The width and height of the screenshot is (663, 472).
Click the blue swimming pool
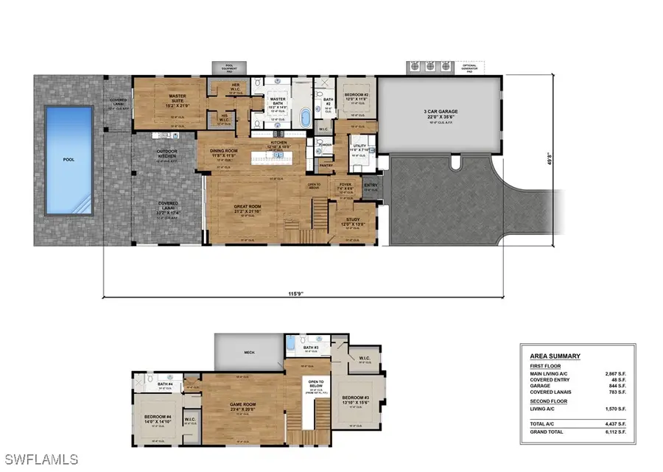[x=69, y=160]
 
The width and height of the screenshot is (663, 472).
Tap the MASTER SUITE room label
[x=176, y=97]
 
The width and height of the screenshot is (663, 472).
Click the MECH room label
[x=249, y=352]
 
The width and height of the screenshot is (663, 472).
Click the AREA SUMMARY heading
[x=555, y=356]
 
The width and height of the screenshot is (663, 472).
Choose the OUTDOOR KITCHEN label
[x=169, y=153]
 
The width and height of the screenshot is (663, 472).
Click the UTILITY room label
[x=359, y=147]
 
